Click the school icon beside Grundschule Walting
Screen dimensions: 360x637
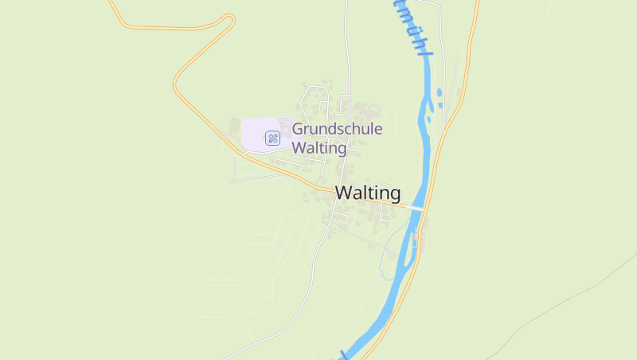click(x=272, y=138)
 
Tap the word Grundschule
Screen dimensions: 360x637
click(x=337, y=129)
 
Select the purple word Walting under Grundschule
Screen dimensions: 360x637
click(x=319, y=148)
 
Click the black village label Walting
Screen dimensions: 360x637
click(x=368, y=193)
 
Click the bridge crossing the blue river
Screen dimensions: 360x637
click(x=416, y=208)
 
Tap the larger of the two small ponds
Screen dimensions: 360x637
click(x=440, y=92)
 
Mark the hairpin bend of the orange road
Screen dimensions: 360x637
click(x=177, y=81)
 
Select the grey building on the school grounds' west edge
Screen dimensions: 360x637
click(x=234, y=126)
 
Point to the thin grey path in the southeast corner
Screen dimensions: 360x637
click(x=557, y=311)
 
